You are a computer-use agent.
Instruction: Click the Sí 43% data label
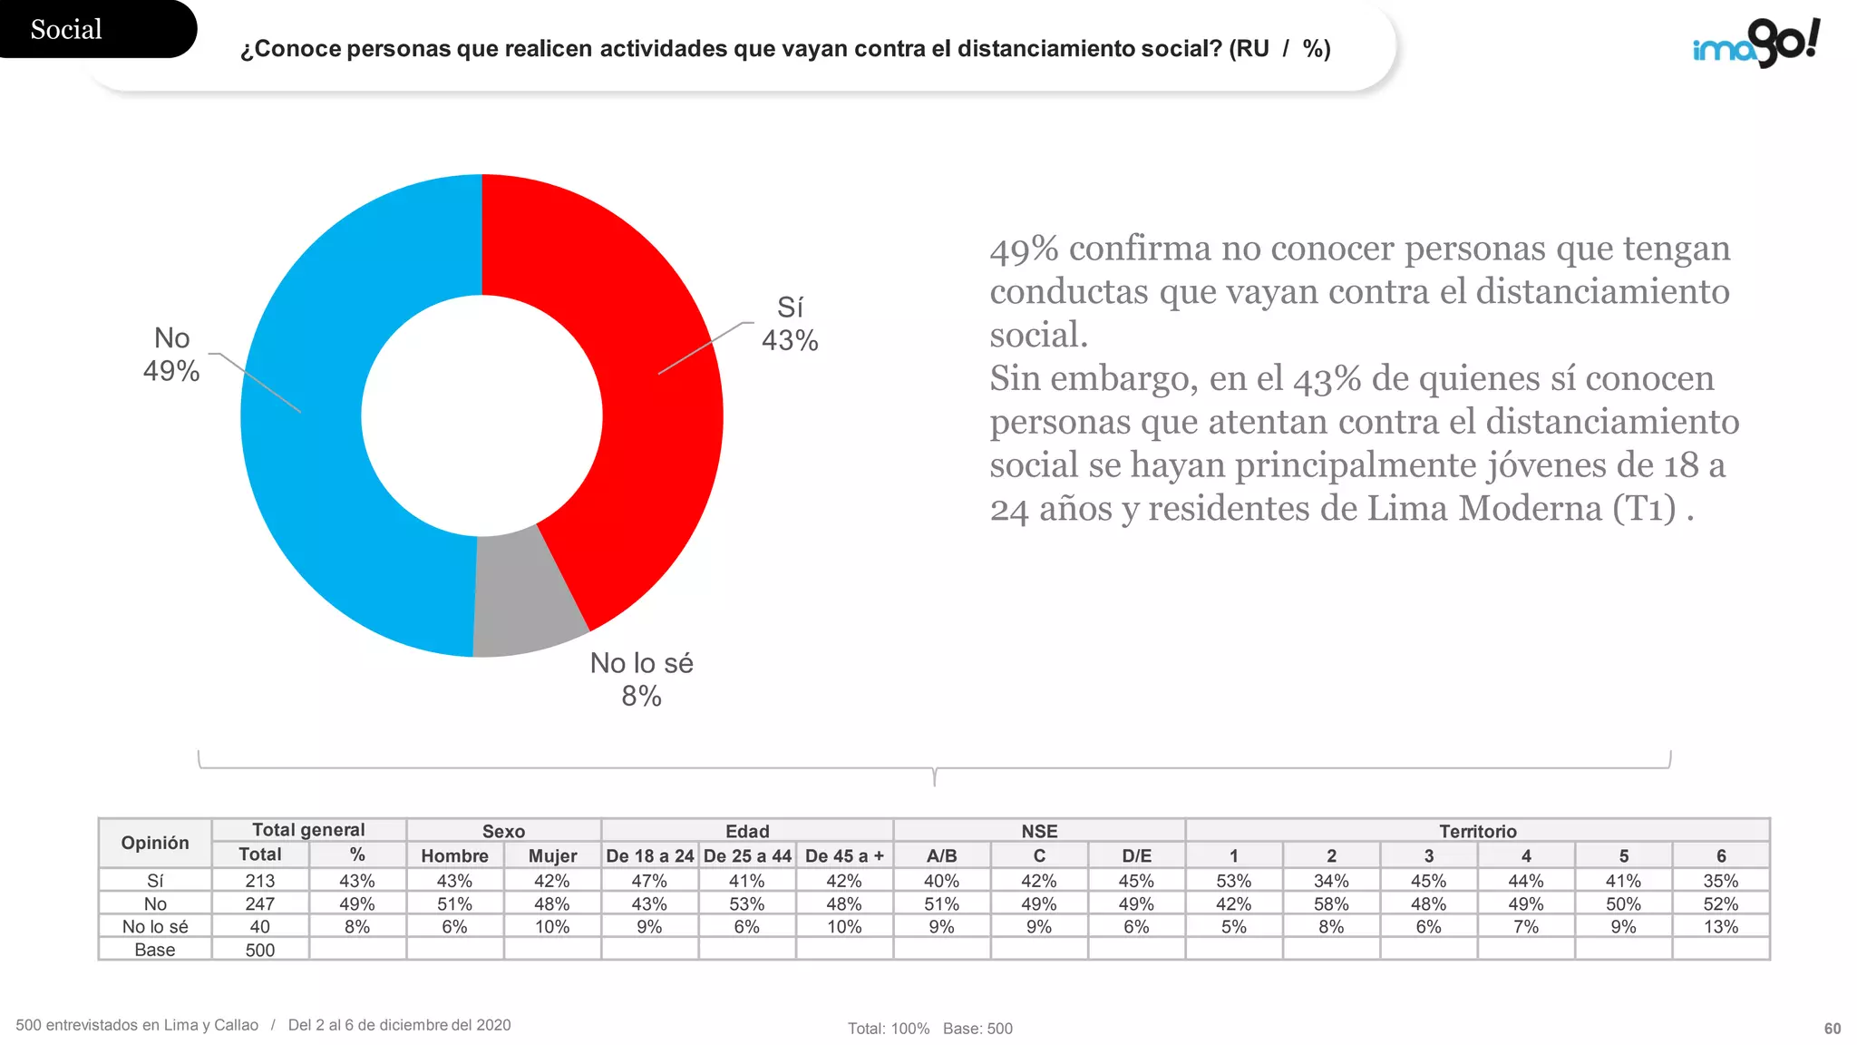[790, 324]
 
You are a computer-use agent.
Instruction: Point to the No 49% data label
[171, 355]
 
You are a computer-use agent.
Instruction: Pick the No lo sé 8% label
[641, 679]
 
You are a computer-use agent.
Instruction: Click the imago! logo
[1756, 43]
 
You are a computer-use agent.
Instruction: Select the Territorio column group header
[1477, 831]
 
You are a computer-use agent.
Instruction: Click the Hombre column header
[454, 855]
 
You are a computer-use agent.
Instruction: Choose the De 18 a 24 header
[649, 855]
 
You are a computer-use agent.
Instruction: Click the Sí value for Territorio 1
[1233, 881]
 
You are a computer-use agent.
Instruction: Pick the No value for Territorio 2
[1331, 904]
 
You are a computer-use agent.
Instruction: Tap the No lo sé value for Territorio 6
[1721, 927]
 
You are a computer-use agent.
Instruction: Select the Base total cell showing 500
[260, 950]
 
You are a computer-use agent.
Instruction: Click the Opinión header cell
[155, 843]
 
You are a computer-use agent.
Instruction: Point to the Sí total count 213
[260, 881]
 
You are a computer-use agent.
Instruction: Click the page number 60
[1833, 1029]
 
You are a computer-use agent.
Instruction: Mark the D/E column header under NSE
[1136, 855]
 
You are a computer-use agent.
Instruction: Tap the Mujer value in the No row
[551, 904]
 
